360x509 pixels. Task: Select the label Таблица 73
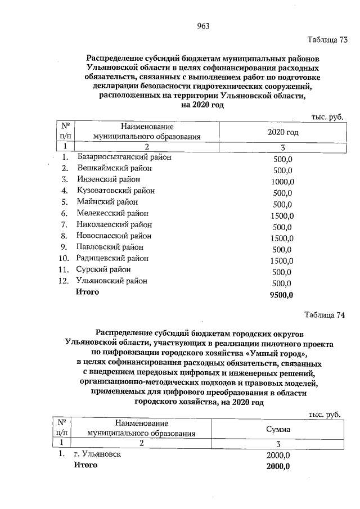click(x=327, y=40)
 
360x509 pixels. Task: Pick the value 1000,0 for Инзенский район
click(x=283, y=181)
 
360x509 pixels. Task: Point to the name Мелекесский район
click(x=112, y=214)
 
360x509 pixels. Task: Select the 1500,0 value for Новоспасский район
click(x=283, y=237)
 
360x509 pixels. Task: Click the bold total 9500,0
click(x=283, y=294)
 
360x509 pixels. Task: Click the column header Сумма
click(x=278, y=429)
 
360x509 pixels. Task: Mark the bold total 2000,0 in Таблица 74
click(x=278, y=466)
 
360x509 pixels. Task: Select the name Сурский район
click(x=103, y=270)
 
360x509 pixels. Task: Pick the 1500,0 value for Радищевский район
click(x=283, y=260)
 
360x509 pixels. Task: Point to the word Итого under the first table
click(x=88, y=292)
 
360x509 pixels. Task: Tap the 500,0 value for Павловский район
click(x=283, y=249)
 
